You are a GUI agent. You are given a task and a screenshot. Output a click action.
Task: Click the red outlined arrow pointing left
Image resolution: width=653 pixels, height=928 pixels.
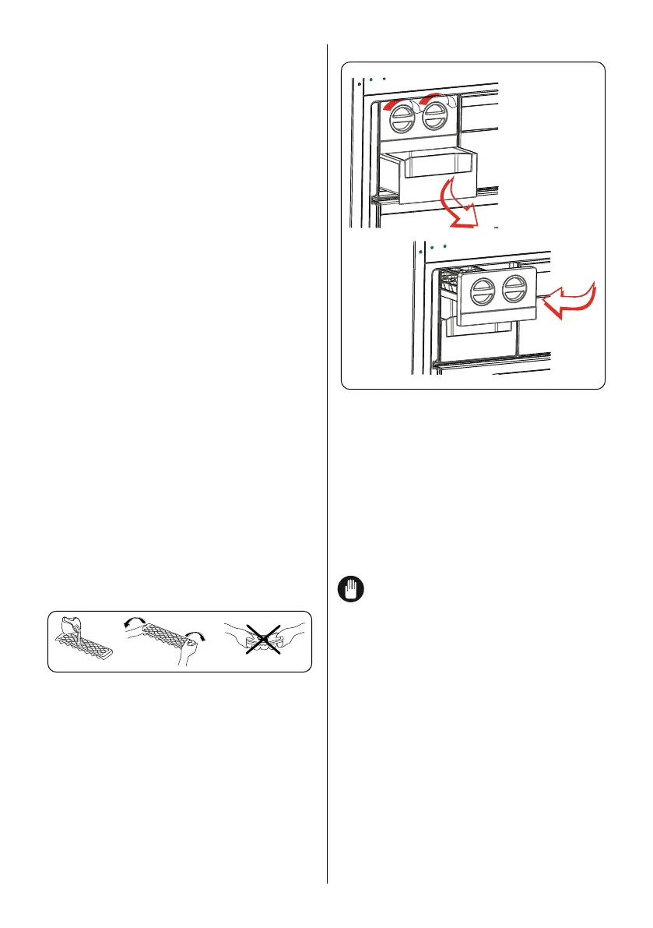[x=571, y=301]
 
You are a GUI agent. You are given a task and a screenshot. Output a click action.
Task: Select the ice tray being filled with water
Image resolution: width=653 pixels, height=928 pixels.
[x=82, y=647]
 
